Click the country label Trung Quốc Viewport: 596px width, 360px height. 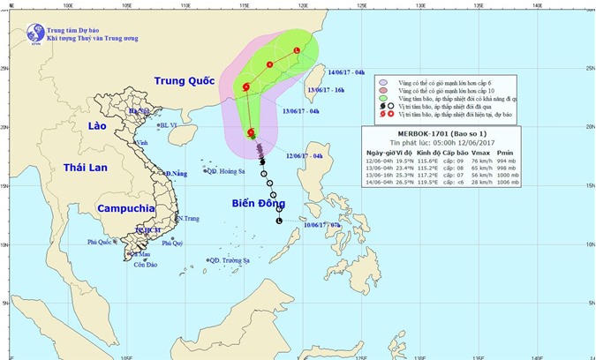(185, 81)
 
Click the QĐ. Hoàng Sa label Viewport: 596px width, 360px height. (225, 170)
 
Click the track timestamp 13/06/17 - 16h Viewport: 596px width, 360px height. (329, 90)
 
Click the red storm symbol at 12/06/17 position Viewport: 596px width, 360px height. (253, 133)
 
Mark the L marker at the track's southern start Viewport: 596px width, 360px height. (280, 221)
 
